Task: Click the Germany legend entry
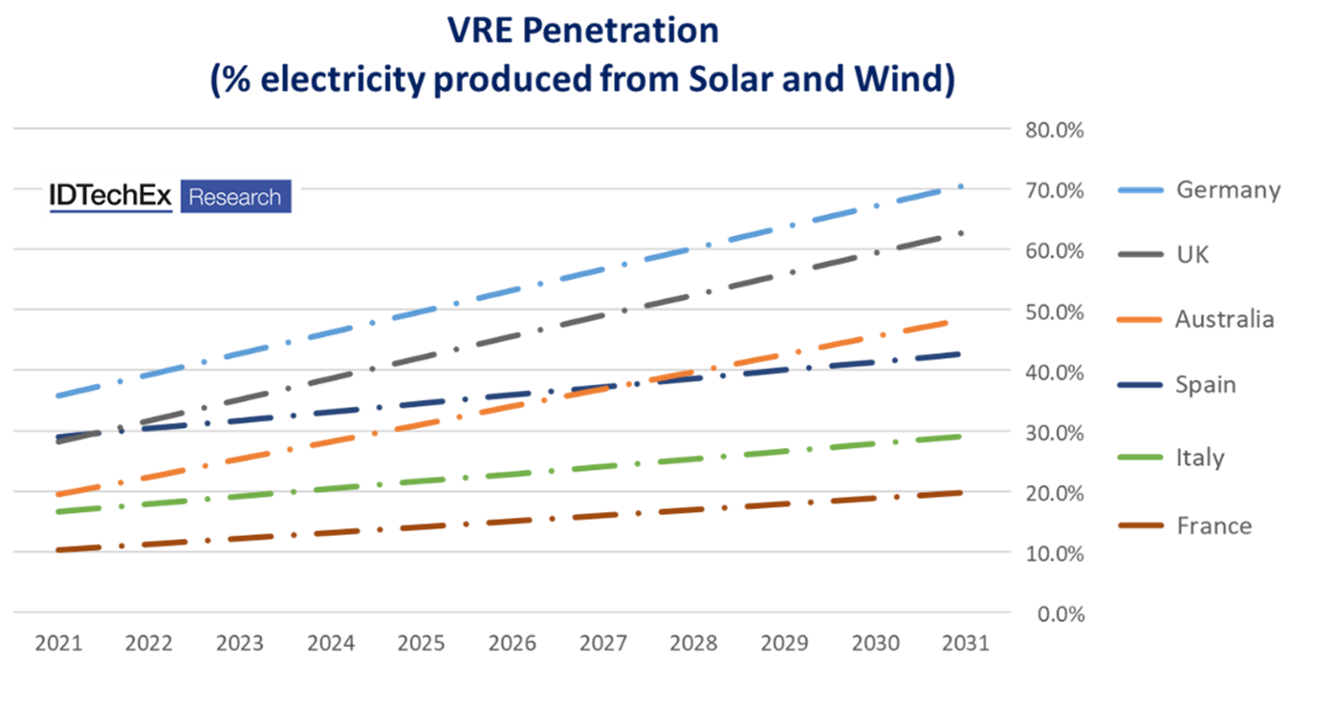1228,190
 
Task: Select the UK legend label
1192,255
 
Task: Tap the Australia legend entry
1224,319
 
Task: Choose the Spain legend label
1206,385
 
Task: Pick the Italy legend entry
1200,458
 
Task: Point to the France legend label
1213,525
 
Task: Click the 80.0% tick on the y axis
1055,130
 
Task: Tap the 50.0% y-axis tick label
1055,311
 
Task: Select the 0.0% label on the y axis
1060,614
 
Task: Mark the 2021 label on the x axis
58,643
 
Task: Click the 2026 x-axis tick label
512,643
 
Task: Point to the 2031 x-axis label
965,643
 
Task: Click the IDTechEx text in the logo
111,197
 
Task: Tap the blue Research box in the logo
235,197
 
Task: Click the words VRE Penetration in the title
582,32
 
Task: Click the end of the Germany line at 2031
961,186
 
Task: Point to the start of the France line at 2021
60,550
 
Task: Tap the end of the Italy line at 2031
959,437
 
